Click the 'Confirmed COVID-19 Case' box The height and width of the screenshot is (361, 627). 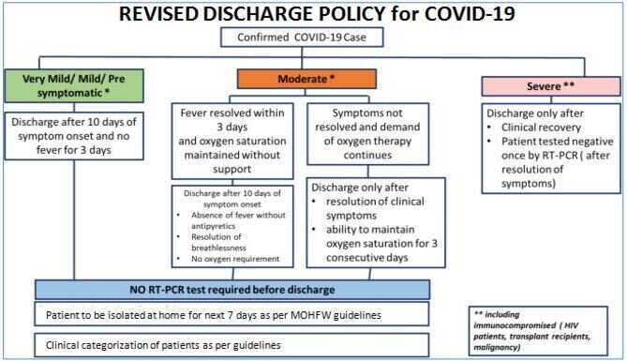coord(302,38)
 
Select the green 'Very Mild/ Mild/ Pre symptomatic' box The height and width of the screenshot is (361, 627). coord(74,85)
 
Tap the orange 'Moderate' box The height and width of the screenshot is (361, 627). coord(306,79)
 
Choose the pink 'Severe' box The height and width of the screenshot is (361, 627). coord(551,86)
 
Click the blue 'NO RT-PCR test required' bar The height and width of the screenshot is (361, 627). coord(232,290)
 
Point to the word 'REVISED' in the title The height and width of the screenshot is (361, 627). coord(158,14)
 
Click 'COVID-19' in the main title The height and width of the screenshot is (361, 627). coord(470,14)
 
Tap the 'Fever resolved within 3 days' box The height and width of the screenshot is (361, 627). coord(232,141)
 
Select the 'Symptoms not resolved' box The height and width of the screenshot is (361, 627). coord(368,134)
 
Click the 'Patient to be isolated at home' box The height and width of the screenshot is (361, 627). coord(231,314)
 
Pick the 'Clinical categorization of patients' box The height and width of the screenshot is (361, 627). coord(231,345)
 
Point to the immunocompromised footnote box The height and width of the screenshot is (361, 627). coord(538,331)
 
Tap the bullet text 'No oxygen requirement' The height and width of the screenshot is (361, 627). coord(235,259)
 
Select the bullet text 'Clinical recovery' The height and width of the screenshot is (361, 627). coord(541,128)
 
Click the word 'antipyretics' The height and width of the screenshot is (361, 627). coord(213,226)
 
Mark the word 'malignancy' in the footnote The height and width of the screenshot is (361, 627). coord(497,347)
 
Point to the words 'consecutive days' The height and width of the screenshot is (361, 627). coord(367,258)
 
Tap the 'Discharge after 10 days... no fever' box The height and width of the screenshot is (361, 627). coord(74,136)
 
